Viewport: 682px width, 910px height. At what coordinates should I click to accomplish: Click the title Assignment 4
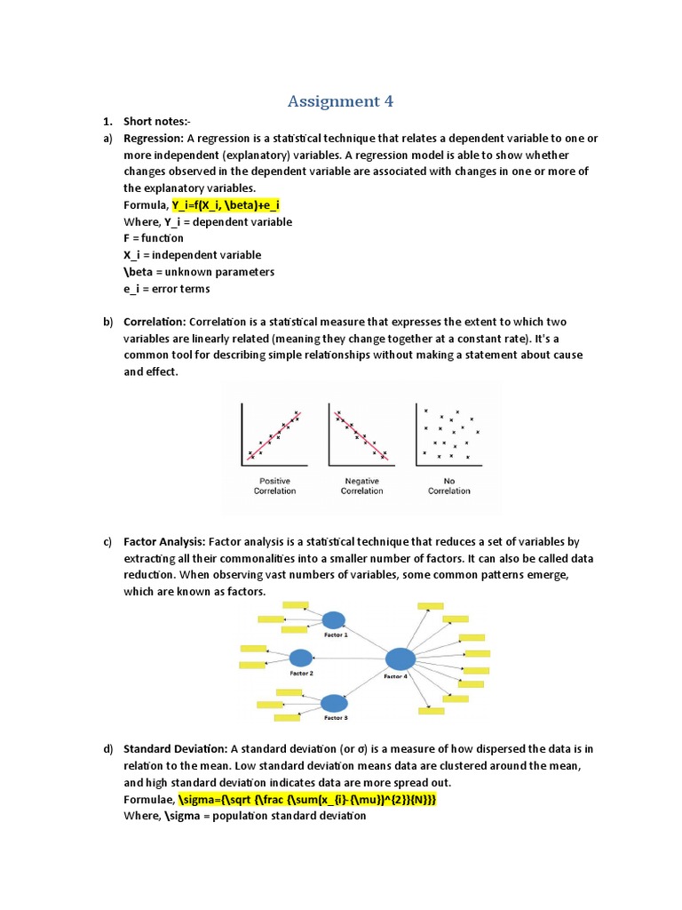(x=340, y=101)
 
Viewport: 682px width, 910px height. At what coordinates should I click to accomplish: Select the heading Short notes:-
(x=156, y=122)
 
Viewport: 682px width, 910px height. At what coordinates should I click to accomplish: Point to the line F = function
(x=154, y=238)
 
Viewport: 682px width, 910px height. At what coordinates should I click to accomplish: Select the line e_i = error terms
(x=167, y=289)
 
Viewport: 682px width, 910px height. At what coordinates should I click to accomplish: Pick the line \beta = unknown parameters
(x=199, y=272)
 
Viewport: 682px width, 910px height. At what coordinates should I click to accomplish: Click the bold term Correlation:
(x=155, y=322)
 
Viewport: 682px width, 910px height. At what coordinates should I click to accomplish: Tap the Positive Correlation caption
(x=274, y=485)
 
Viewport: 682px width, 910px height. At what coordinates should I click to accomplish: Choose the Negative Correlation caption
(x=361, y=485)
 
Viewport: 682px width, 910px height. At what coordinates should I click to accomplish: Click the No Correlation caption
(x=448, y=485)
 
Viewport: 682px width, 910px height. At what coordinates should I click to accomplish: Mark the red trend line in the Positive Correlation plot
(x=275, y=435)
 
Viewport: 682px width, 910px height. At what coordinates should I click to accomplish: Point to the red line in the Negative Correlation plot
(x=361, y=435)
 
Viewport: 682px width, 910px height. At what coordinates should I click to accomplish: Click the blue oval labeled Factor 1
(x=334, y=620)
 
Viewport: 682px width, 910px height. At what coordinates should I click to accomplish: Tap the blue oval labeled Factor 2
(x=301, y=658)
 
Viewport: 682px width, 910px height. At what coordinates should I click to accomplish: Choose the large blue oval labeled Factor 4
(x=400, y=659)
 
